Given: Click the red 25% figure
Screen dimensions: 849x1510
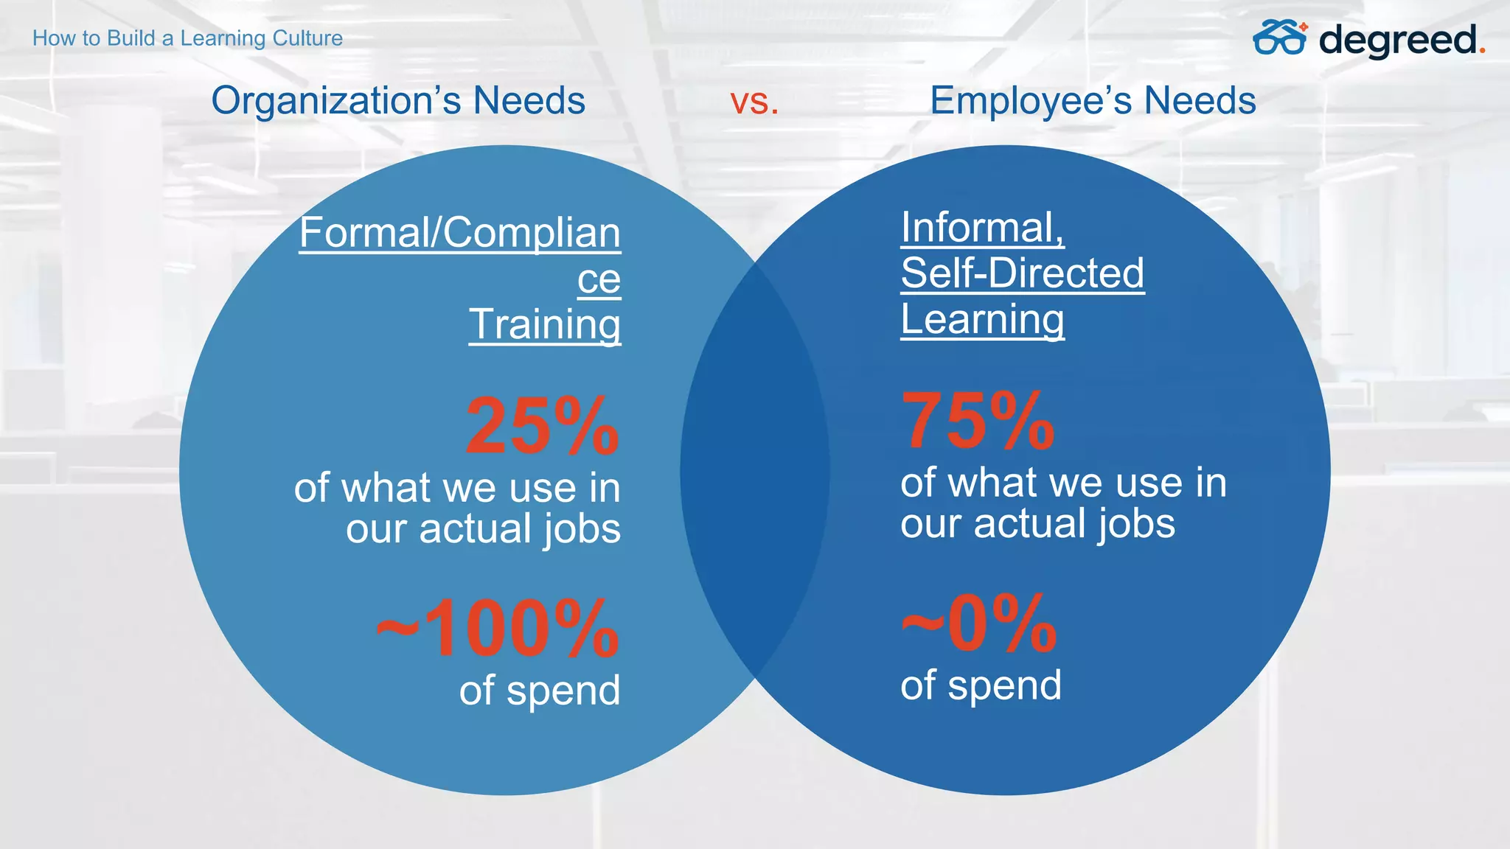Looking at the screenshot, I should (x=542, y=426).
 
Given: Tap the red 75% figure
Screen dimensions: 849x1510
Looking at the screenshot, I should (x=978, y=421).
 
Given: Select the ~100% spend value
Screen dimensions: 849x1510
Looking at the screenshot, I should (x=498, y=629).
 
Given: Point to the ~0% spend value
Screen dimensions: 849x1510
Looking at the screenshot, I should (x=979, y=624).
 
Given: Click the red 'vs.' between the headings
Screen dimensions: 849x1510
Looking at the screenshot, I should (x=754, y=102).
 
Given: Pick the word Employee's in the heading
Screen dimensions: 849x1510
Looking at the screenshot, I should (x=1031, y=101).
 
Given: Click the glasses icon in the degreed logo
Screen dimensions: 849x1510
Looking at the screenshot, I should (x=1279, y=38).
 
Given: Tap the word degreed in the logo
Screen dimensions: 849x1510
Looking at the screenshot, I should (x=1398, y=40).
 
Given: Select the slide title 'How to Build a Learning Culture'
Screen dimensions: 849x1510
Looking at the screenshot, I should (x=187, y=38).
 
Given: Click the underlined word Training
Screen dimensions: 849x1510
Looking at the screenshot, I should (x=545, y=324).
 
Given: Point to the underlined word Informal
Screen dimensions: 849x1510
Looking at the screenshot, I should (x=982, y=227).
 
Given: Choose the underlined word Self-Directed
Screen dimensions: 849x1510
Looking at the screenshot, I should (x=1023, y=273).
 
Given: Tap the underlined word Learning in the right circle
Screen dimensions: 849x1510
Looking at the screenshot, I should (x=982, y=320).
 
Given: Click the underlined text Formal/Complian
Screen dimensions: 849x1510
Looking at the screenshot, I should (x=460, y=233).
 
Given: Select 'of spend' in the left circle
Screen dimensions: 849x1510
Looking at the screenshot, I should (x=540, y=691).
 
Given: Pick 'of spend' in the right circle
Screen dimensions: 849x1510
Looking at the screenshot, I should (x=981, y=685).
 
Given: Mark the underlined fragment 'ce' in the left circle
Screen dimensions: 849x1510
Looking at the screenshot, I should (x=599, y=279).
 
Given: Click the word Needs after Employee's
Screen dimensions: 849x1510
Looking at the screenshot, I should (x=1200, y=101).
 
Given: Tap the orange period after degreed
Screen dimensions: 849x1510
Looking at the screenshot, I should (x=1482, y=51).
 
